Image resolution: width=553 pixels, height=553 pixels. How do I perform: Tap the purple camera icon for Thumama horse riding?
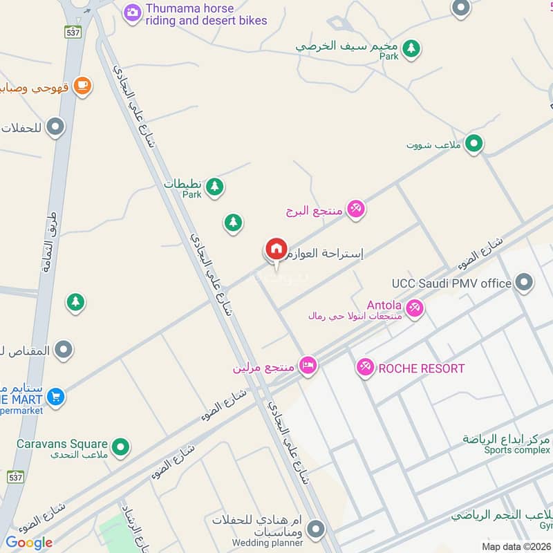pos(133,12)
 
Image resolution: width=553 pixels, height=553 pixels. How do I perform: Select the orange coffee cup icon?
pos(82,86)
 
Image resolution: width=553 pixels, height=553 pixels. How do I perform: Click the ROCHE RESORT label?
pos(421,368)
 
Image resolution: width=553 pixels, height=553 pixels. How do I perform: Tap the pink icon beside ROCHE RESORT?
pos(366,368)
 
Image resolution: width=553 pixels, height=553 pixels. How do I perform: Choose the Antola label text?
pos(384,305)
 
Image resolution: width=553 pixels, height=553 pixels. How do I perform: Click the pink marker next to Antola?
pos(415,307)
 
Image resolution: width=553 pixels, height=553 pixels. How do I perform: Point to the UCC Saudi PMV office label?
pos(451,283)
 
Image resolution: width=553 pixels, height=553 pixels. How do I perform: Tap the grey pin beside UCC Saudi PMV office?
pos(525,282)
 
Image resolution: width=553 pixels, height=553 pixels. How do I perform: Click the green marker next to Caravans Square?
pos(121,447)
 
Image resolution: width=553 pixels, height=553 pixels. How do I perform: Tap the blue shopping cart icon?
pos(56,397)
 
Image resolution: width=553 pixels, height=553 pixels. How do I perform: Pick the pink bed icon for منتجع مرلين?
pos(308,365)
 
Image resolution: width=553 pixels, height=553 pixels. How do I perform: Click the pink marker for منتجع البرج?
pos(355,209)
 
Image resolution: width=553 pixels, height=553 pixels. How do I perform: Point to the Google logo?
pos(29,543)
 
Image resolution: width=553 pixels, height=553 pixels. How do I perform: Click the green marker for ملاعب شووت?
pos(474,144)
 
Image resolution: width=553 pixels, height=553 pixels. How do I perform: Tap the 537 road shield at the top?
pos(73,32)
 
